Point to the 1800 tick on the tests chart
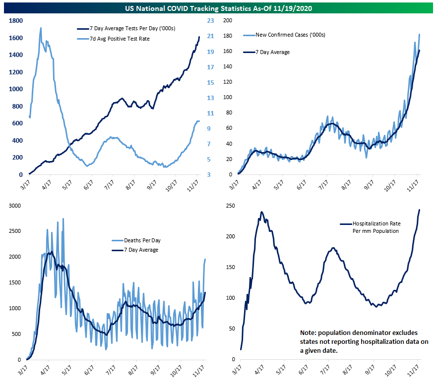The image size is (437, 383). pyautogui.click(x=15, y=20)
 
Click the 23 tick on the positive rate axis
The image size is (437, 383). pyautogui.click(x=210, y=20)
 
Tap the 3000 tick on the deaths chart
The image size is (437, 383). pyautogui.click(x=15, y=206)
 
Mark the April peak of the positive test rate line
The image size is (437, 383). pyautogui.click(x=41, y=28)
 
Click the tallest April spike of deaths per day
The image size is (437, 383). pyautogui.click(x=63, y=219)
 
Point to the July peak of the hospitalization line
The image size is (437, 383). pyautogui.click(x=333, y=248)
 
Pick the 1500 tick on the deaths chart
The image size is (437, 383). pyautogui.click(x=15, y=282)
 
